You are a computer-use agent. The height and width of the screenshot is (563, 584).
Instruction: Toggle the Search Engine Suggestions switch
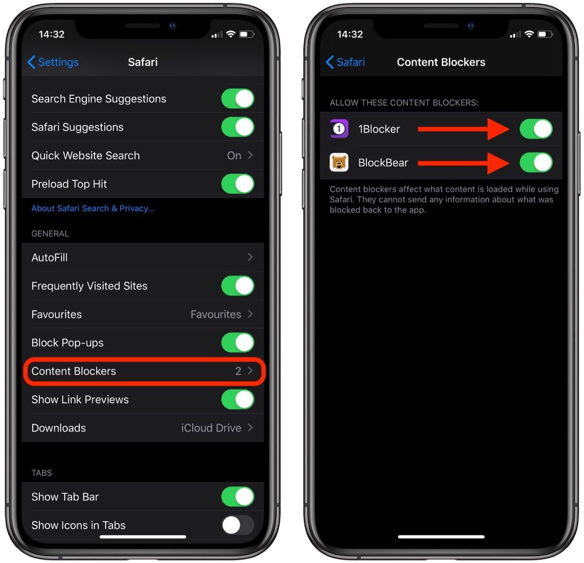coord(237,98)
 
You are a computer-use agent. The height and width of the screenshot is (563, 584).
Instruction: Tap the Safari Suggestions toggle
coord(237,127)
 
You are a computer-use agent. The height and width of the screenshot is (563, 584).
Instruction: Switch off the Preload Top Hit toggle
coord(237,183)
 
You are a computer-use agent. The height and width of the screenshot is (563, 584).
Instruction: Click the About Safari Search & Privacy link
coord(93,208)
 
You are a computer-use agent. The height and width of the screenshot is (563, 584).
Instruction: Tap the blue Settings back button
coord(53,62)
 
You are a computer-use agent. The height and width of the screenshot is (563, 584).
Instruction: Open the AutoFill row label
coord(50,257)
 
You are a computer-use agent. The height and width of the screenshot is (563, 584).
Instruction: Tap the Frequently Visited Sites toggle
coord(237,285)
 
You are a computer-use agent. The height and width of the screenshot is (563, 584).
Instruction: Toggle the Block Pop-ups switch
coord(237,342)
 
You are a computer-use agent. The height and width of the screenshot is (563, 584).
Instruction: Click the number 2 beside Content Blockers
coord(238,371)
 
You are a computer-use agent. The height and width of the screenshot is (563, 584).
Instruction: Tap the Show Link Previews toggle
coord(237,399)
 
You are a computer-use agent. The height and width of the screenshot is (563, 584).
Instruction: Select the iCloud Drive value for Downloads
coord(211,427)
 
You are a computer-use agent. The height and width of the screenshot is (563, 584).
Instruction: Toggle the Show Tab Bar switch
coord(237,496)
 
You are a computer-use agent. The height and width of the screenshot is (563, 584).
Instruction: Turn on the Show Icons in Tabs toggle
coord(237,525)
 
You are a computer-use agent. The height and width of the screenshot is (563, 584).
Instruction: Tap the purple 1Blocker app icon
coord(339,129)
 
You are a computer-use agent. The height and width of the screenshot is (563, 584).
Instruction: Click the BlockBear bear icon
coord(339,162)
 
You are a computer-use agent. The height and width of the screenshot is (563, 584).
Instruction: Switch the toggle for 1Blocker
coord(536,129)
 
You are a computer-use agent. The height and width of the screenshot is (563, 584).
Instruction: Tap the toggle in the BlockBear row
coord(536,162)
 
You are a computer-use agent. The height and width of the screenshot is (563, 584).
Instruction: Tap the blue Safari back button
coord(345,62)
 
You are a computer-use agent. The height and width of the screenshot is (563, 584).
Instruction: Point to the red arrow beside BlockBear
coord(464,163)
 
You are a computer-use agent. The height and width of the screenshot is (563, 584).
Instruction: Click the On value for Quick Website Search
coord(234,155)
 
